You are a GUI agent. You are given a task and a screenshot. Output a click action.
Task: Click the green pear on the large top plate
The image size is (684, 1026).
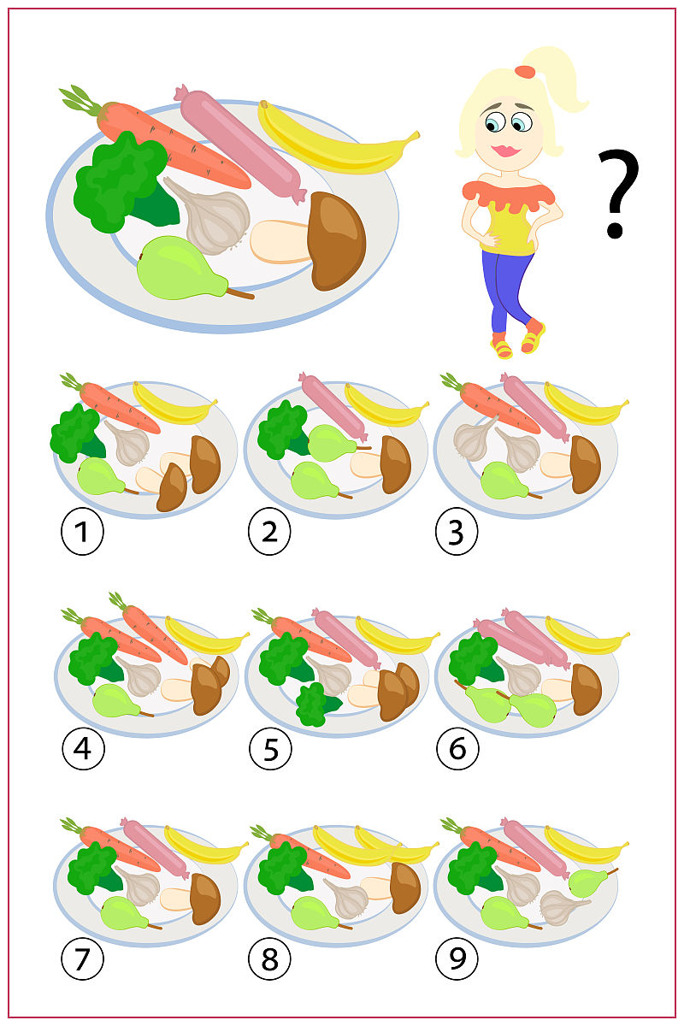(180, 269)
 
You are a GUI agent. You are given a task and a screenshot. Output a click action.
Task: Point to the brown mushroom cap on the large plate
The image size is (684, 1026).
(338, 239)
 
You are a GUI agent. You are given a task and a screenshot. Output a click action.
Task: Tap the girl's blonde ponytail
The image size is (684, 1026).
(560, 81)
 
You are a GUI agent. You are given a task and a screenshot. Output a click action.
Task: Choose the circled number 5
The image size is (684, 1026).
(270, 750)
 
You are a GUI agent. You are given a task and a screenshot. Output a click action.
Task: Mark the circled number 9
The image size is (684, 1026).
(457, 959)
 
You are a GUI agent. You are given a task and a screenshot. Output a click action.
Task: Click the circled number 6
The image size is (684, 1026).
(457, 750)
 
